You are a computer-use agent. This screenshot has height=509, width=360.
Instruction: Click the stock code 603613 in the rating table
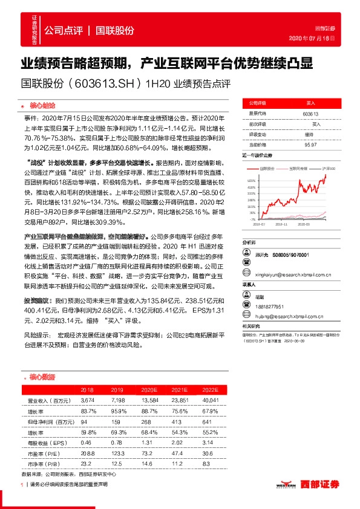pyautogui.click(x=310, y=114)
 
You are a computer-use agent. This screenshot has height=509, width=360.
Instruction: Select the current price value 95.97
pyautogui.click(x=310, y=144)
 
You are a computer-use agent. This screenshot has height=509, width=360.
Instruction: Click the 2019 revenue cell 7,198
pyautogui.click(x=117, y=400)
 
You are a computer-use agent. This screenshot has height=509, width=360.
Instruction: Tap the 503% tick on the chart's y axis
pyautogui.click(x=251, y=180)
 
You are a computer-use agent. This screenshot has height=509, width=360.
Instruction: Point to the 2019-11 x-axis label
pyautogui.click(x=282, y=223)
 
